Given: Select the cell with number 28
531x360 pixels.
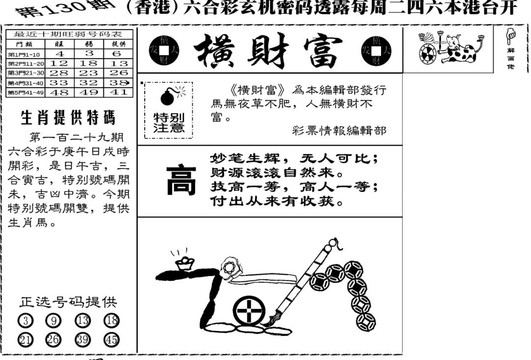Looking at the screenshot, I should pyautogui.click(x=59, y=73).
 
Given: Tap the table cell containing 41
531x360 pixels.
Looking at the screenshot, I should pyautogui.click(x=118, y=92).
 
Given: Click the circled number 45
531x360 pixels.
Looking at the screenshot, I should pyautogui.click(x=112, y=339).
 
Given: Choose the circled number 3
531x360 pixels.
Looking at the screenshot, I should pyautogui.click(x=26, y=321).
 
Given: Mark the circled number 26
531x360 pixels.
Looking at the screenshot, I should pyautogui.click(x=54, y=339).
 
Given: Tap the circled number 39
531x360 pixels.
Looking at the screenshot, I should pyautogui.click(x=83, y=339).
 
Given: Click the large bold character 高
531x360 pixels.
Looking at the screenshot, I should pyautogui.click(x=181, y=180).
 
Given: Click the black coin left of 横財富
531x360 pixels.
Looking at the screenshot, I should pyautogui.click(x=161, y=50).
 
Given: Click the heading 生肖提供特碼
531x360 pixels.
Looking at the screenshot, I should pyautogui.click(x=68, y=118).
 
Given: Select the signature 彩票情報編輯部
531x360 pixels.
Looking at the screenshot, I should pyautogui.click(x=339, y=130).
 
